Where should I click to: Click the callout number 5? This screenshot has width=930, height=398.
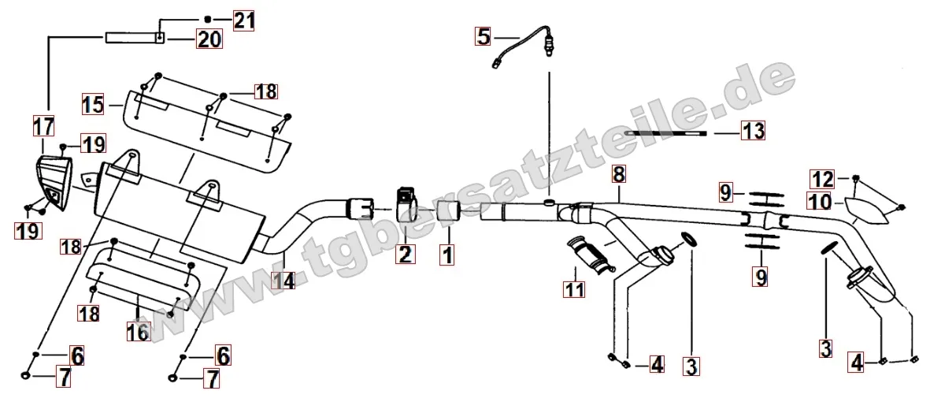484,37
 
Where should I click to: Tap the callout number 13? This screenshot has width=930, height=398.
752,130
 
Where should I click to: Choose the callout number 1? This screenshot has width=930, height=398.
446,255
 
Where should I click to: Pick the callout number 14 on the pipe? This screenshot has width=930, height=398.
283,279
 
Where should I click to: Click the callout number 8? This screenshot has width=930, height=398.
618,175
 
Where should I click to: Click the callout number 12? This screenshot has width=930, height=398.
823,178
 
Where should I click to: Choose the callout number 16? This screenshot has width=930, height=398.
138,332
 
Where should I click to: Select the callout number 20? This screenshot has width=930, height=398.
209,39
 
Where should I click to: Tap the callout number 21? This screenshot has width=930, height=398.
243,20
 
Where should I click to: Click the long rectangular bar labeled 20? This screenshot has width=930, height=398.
135,38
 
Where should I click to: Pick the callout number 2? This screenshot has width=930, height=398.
405,255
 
